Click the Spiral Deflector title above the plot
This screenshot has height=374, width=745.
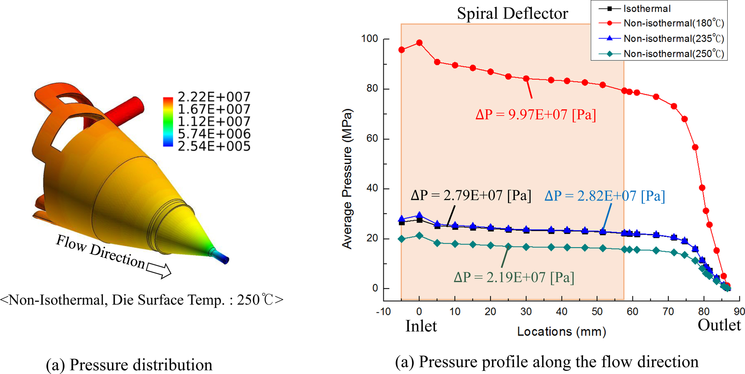click(512, 14)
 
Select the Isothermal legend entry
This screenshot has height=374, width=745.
click(647, 9)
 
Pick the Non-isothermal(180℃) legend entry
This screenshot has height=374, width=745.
click(673, 23)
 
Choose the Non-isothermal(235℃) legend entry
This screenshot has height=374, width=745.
click(673, 39)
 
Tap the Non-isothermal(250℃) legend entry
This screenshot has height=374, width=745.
click(673, 54)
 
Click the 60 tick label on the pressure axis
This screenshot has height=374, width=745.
click(372, 139)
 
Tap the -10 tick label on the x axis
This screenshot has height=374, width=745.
click(383, 312)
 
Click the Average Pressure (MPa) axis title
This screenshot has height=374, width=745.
click(347, 179)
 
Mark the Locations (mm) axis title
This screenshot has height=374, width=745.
click(562, 332)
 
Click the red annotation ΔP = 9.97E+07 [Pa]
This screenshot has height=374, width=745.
click(535, 115)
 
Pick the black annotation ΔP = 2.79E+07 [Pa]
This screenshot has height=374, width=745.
click(471, 195)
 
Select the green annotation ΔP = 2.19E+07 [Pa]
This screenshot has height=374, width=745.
click(514, 278)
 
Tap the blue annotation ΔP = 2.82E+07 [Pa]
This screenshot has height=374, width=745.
click(605, 196)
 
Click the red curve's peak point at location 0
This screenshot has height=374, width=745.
click(419, 43)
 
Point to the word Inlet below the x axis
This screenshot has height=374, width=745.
click(421, 326)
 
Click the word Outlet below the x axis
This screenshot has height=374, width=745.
click(719, 325)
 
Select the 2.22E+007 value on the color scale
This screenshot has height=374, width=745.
click(214, 97)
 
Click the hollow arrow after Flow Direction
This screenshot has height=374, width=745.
click(159, 270)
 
